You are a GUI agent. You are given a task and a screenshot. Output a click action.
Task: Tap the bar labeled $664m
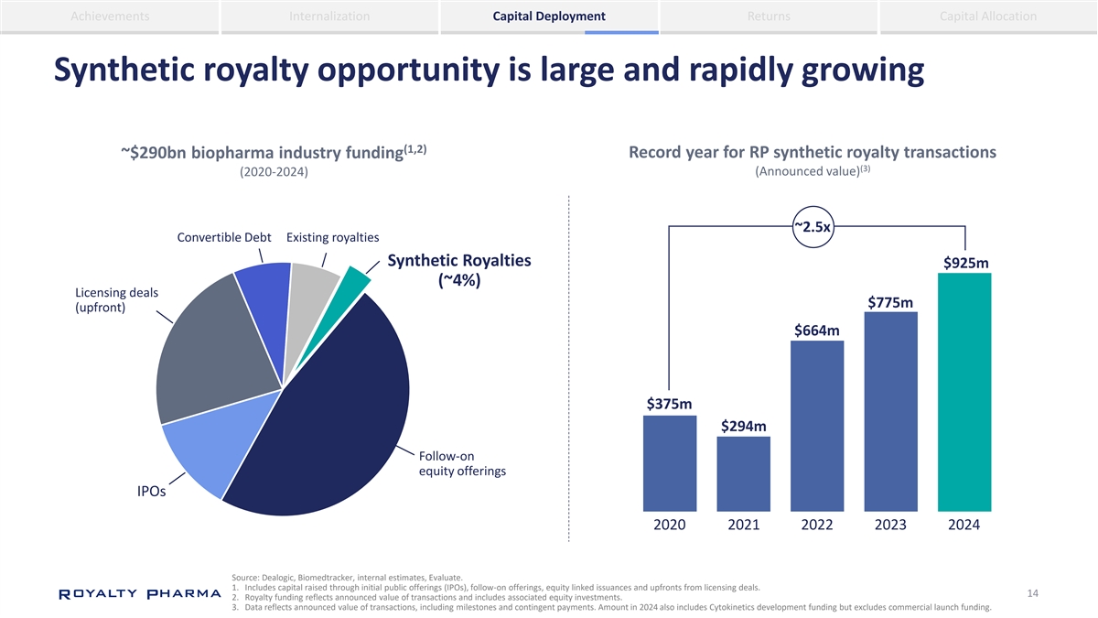coord(817,426)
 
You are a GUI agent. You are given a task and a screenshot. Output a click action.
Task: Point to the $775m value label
coord(890,302)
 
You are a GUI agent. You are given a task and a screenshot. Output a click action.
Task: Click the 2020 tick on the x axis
coord(670,526)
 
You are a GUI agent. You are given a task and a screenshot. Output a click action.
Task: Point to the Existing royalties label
coord(333,239)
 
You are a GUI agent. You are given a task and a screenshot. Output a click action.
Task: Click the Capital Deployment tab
coord(549,16)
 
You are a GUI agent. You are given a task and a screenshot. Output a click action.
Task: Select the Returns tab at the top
coord(769,16)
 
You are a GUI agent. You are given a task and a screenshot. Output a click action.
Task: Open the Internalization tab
coord(329,16)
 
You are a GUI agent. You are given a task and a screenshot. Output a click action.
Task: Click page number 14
coord(1032,593)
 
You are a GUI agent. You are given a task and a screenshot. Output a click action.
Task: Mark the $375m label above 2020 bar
coord(669,404)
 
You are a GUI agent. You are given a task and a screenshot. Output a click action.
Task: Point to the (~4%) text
coord(459,281)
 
